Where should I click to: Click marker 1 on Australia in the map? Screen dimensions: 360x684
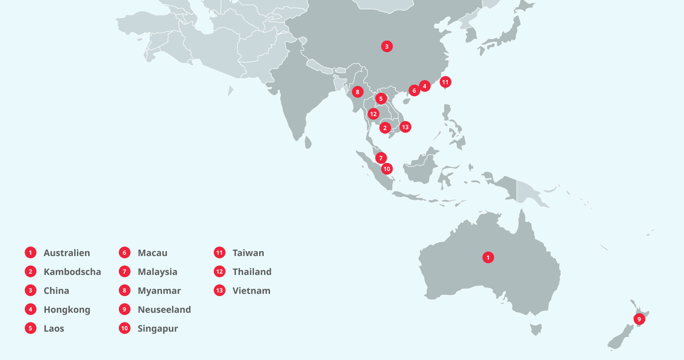coord(488,257)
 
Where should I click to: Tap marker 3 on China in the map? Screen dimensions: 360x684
coord(387,46)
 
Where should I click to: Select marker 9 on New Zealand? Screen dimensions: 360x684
coord(639,319)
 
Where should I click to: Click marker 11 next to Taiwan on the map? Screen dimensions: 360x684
coord(445,82)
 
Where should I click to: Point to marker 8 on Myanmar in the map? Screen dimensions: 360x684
coord(357,92)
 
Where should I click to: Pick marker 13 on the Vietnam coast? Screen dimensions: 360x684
coord(405,127)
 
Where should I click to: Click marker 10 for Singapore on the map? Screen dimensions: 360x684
coord(387,169)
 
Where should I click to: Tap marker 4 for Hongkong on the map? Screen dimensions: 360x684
coord(424,86)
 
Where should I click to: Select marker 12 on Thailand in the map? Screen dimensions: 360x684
coord(373,114)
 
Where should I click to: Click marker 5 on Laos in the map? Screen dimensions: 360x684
coord(381,99)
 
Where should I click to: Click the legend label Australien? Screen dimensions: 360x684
coord(67,253)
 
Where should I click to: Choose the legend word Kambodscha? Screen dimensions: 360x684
coord(72,272)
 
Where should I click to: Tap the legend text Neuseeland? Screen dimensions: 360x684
coord(164,310)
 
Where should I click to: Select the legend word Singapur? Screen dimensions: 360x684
coord(157,328)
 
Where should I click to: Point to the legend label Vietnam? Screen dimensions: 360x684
coord(251,291)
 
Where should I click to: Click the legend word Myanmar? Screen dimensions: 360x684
coord(159,291)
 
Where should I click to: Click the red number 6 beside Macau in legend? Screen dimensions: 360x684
coord(125,252)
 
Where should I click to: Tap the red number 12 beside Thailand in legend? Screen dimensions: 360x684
coord(220,271)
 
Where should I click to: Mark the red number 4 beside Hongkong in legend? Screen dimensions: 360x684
coord(31,309)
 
